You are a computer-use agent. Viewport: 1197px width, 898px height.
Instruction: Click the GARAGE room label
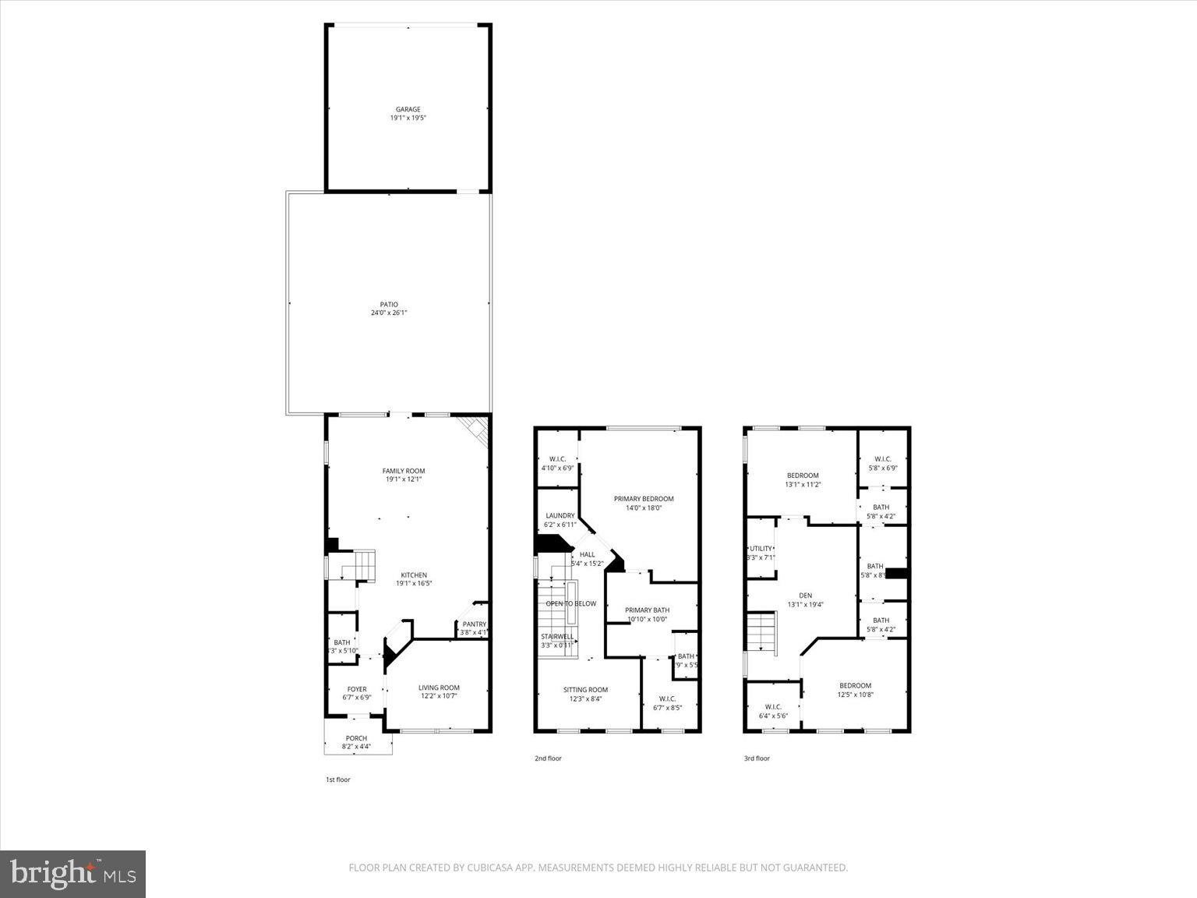point(408,110)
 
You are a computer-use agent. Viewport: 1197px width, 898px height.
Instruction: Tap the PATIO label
point(389,305)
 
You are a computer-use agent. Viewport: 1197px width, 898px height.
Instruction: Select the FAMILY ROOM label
point(404,471)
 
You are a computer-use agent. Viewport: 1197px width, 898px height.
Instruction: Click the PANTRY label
point(474,624)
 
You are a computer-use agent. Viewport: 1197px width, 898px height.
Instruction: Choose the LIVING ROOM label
point(439,688)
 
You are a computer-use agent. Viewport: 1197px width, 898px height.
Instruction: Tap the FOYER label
point(357,689)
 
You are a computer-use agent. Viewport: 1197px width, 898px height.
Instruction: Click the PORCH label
point(356,738)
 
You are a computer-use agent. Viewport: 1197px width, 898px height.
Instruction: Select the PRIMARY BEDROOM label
point(644,499)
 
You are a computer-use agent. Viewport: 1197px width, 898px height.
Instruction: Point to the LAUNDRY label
point(560,516)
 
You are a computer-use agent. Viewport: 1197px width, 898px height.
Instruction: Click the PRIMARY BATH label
point(648,610)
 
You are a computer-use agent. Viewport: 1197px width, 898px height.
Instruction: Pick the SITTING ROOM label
point(585,690)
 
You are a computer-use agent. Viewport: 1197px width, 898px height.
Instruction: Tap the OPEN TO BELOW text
point(570,603)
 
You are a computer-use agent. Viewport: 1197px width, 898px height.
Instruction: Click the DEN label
point(805,596)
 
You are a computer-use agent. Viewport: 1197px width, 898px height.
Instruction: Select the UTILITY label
point(761,549)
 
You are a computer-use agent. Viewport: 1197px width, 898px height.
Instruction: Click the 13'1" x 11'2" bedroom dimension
point(803,485)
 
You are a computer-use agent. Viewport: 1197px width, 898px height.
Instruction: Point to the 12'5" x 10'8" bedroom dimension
point(855,695)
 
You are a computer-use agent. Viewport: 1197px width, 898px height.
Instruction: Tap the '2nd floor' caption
point(548,758)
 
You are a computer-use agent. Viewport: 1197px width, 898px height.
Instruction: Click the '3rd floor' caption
point(757,758)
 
